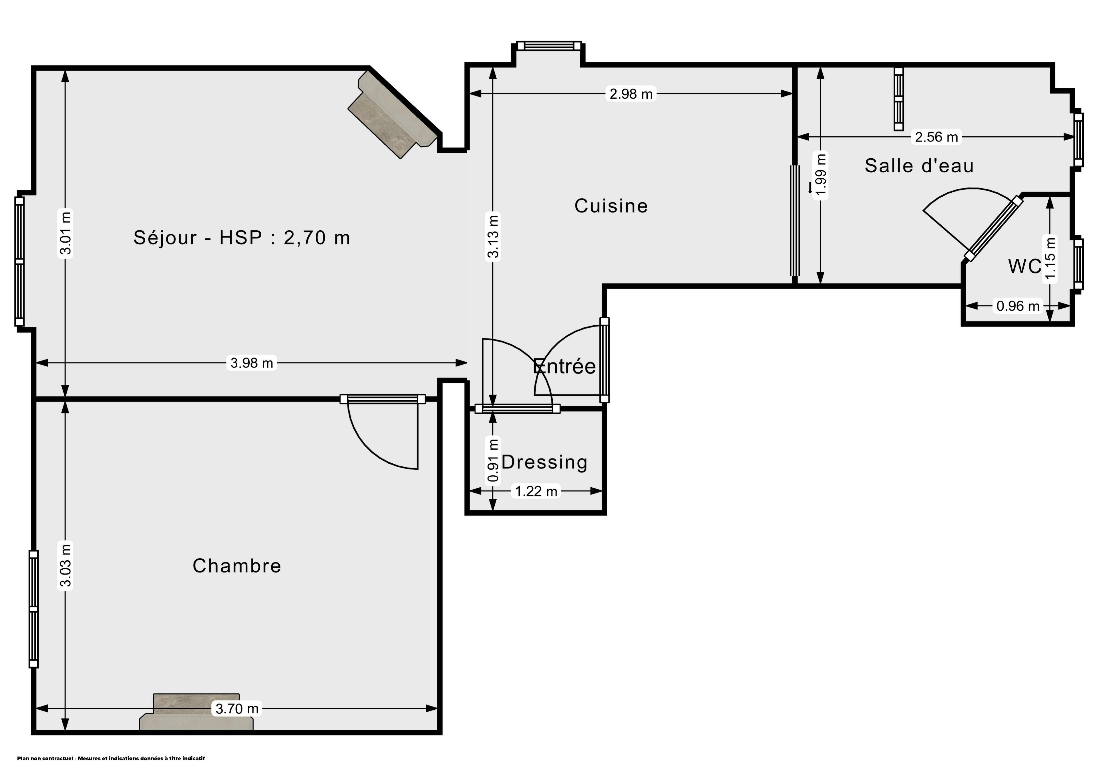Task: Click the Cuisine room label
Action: (x=611, y=206)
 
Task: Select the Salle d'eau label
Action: (x=919, y=166)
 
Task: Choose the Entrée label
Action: (x=564, y=366)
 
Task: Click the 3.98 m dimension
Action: (x=252, y=363)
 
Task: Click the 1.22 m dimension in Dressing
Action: (x=536, y=491)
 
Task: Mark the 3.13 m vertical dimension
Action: (x=493, y=236)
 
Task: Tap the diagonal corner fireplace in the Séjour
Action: (x=393, y=115)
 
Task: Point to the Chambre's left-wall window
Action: (x=33, y=609)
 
